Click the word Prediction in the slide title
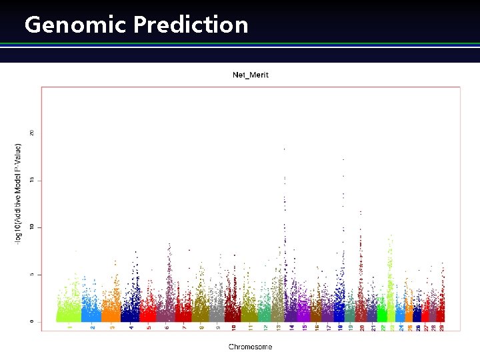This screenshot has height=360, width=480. (191, 25)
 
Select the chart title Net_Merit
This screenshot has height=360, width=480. (251, 75)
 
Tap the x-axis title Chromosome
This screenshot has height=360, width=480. (251, 347)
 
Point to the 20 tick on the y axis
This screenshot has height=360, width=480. (32, 133)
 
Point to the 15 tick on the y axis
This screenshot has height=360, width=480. (32, 181)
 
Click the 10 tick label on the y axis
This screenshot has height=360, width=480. (32, 227)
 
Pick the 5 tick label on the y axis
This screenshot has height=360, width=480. (32, 275)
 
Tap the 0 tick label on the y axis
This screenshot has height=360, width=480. (32, 321)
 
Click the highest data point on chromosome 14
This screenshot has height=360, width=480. (285, 149)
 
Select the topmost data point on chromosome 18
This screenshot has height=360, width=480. (343, 160)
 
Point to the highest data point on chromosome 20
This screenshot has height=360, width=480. (361, 211)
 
